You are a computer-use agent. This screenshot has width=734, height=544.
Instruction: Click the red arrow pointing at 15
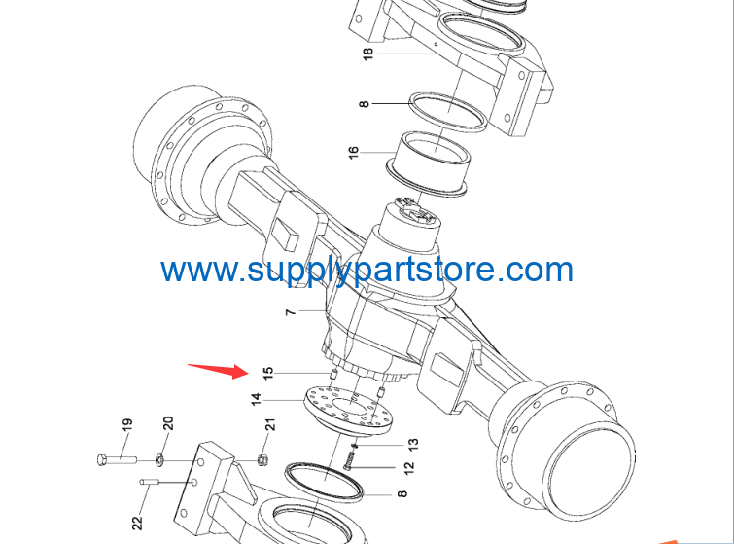219,370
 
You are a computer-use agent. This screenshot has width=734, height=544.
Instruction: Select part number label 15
267,373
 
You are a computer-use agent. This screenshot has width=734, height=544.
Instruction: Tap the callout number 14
256,400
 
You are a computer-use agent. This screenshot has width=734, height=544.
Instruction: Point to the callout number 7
291,311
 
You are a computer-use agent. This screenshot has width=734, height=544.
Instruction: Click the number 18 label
368,54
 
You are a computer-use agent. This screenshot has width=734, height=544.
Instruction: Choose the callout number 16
354,152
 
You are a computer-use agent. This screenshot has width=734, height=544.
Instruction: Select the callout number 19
126,424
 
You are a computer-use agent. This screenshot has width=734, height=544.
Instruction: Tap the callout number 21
270,424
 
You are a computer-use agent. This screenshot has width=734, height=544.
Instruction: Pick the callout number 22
137,523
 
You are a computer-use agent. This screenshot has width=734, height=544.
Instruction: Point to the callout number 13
413,444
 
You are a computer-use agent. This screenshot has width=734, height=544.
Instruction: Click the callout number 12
408,468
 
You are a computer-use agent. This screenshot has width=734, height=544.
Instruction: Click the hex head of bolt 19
103,460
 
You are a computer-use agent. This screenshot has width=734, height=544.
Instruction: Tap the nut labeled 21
263,460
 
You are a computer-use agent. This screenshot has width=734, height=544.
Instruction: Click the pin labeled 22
150,481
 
